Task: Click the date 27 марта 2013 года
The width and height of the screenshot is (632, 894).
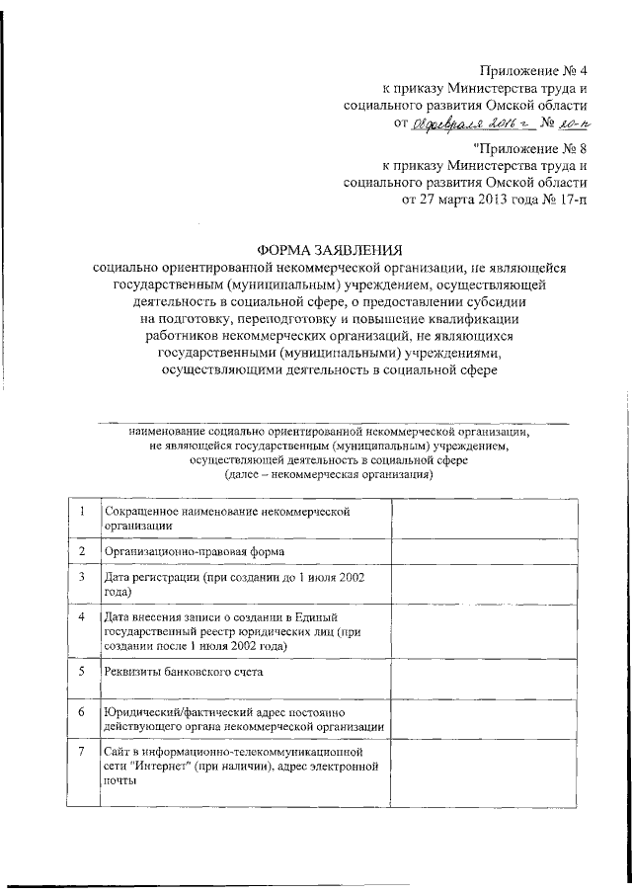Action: click(x=458, y=201)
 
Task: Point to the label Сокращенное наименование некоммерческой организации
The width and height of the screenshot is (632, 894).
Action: click(x=227, y=519)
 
